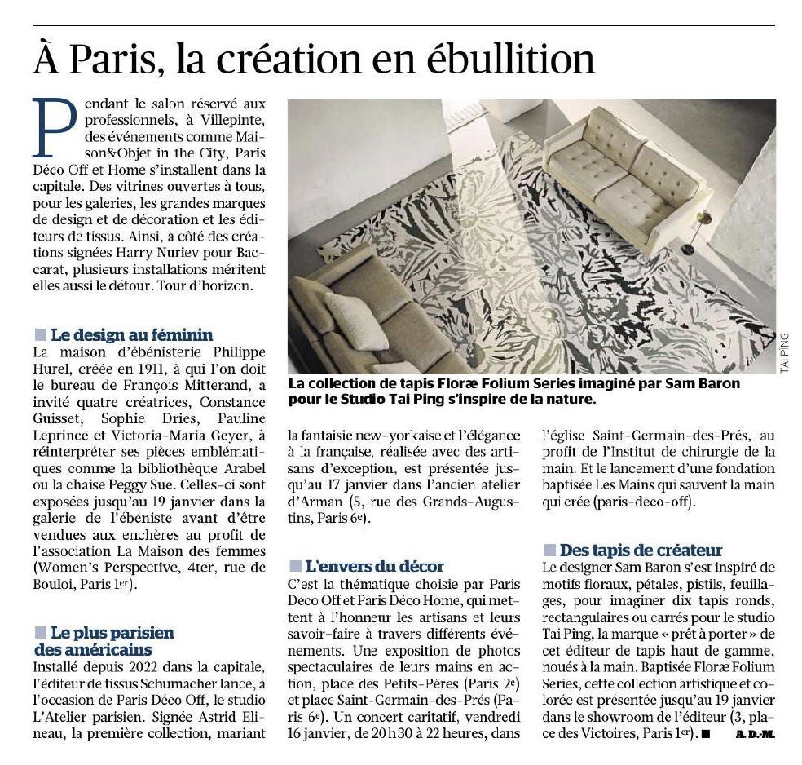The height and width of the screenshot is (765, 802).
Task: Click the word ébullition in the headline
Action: click(x=506, y=60)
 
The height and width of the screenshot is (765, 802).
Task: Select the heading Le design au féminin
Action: click(x=131, y=334)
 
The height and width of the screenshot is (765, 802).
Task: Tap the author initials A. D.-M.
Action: click(x=756, y=734)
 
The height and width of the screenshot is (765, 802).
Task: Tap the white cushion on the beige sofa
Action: click(x=355, y=319)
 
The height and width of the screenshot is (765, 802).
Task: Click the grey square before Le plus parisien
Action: click(x=40, y=632)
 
